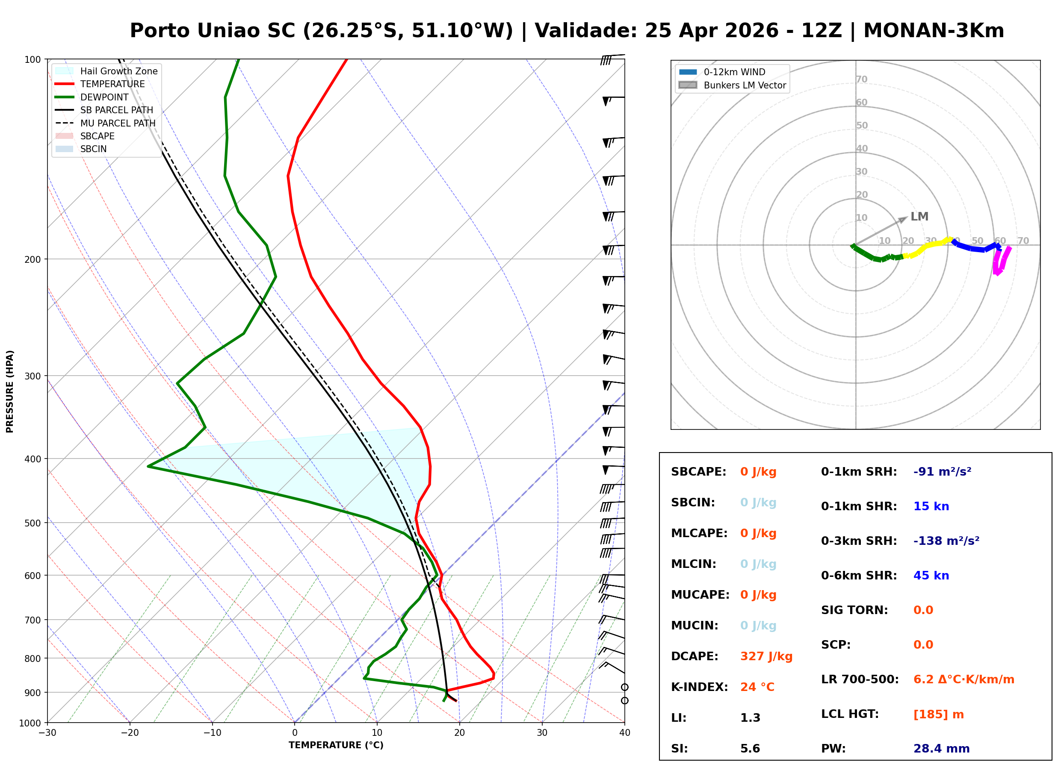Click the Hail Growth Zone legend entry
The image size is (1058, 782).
pyautogui.click(x=118, y=71)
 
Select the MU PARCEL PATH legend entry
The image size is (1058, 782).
pyautogui.click(x=118, y=123)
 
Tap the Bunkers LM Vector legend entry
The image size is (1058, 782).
pyautogui.click(x=745, y=85)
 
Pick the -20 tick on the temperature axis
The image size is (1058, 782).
pyautogui.click(x=130, y=733)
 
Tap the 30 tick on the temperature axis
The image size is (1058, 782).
pyautogui.click(x=542, y=733)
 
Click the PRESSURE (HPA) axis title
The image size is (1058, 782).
pyautogui.click(x=10, y=391)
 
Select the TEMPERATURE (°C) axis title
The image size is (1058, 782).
pyautogui.click(x=336, y=745)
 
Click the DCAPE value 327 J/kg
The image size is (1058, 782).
pyautogui.click(x=766, y=656)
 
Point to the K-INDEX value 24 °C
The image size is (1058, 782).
pyautogui.click(x=757, y=687)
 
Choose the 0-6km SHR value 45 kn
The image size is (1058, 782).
pyautogui.click(x=931, y=576)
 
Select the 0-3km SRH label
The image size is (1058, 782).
pyautogui.click(x=859, y=541)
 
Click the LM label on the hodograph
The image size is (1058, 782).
pyautogui.click(x=919, y=217)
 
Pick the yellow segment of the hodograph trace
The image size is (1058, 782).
pyautogui.click(x=926, y=247)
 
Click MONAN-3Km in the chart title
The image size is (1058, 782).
pyautogui.click(x=934, y=31)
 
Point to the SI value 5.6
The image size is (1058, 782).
pyautogui.click(x=750, y=749)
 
